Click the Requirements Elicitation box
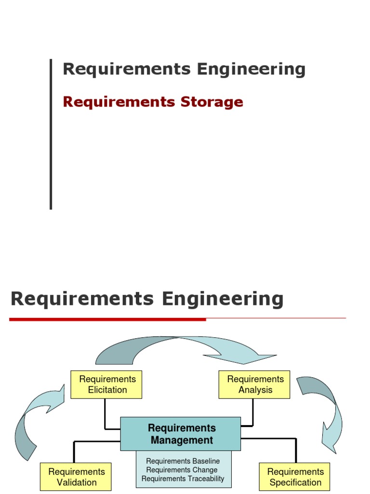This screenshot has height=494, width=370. [x=106, y=384]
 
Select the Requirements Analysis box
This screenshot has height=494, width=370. [x=254, y=384]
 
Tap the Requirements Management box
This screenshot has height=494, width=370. [x=181, y=434]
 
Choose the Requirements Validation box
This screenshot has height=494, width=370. [x=76, y=477]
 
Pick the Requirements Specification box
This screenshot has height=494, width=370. [x=294, y=477]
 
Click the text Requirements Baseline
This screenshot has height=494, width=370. [x=183, y=461]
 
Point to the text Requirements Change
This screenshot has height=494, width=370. [x=182, y=470]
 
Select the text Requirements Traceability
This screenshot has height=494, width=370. [x=183, y=479]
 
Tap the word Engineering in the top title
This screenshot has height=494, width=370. [x=251, y=69]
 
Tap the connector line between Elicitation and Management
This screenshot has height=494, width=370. [x=105, y=415]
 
